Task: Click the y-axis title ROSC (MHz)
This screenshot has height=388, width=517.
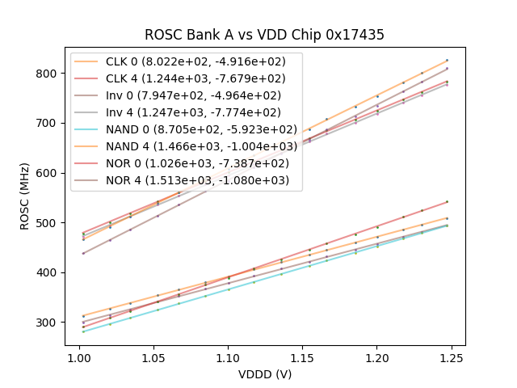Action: pyautogui.click(x=25, y=197)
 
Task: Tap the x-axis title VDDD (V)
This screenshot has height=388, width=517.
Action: pyautogui.click(x=264, y=374)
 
